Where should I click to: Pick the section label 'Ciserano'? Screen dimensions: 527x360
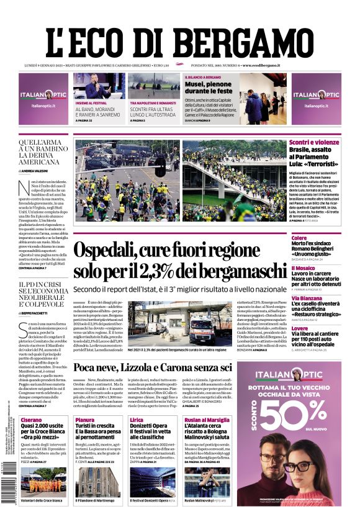(x=31, y=420)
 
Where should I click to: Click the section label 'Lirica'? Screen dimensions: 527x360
(x=137, y=420)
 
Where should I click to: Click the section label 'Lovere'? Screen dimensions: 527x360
(x=300, y=328)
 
